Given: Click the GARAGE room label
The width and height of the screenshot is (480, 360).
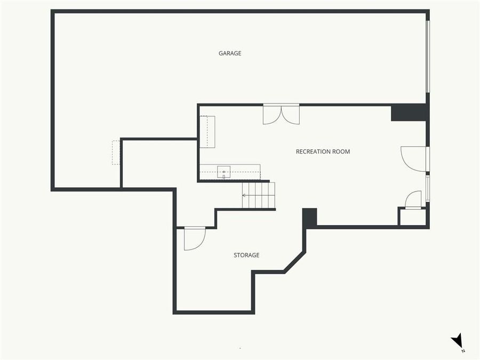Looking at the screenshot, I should click(230, 53).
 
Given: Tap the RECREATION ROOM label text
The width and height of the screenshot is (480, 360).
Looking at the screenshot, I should click(323, 151).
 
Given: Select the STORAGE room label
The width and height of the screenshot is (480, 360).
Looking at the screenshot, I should click(246, 255).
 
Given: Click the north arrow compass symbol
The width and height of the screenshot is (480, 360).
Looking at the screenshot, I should click(457, 340).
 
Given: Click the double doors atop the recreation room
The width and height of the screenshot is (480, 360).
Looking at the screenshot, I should click(281, 114).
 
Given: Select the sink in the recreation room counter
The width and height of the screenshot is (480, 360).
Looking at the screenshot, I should click(224, 171).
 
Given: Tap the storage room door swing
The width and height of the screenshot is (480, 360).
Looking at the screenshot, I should click(194, 238).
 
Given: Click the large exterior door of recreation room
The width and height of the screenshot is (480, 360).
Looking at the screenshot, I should click(414, 159).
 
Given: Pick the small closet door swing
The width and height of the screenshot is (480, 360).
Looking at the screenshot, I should click(414, 200).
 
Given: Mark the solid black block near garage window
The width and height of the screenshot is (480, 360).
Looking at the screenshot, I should click(409, 113).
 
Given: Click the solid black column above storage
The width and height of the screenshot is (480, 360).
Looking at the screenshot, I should click(310, 218).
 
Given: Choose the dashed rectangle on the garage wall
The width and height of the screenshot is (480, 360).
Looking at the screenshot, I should click(116, 153).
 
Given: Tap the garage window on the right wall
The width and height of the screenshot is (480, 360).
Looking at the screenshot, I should click(427, 56).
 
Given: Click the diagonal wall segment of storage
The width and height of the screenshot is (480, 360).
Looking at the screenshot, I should click(295, 262).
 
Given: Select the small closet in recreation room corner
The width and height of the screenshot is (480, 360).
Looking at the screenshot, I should click(413, 217).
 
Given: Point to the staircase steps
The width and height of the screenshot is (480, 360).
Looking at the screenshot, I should click(259, 195).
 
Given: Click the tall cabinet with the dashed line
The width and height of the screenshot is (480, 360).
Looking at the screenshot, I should click(207, 132).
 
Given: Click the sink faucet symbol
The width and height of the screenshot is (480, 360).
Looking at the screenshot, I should click(224, 177).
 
